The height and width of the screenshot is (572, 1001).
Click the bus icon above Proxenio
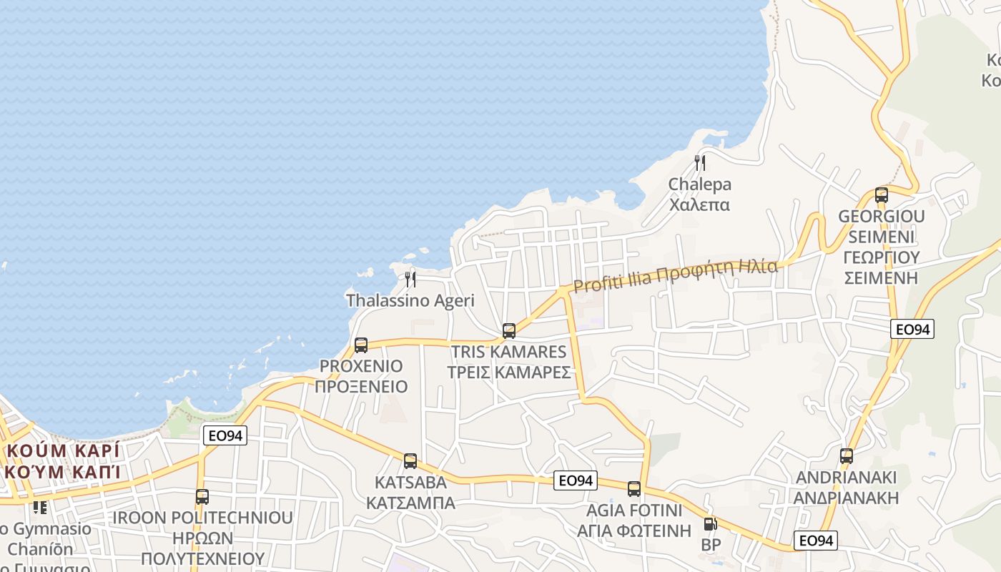coord(361,345)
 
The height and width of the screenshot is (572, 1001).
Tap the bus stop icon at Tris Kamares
coord(509,331)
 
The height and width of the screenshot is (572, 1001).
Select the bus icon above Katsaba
coord(410,461)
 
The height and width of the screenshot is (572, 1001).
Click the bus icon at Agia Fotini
coord(634,489)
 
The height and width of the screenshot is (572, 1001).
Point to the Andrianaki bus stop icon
coord(847,456)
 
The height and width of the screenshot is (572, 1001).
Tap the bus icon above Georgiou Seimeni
coord(882,195)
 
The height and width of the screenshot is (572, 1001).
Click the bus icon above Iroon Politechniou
coord(202,497)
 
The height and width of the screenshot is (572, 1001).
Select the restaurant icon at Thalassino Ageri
coord(410,279)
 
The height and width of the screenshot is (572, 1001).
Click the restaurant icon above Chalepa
coord(700,163)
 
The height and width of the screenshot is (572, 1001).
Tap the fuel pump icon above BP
coord(710,524)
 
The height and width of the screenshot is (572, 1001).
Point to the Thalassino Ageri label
coord(410,300)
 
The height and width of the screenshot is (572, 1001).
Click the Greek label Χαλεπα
coord(699,205)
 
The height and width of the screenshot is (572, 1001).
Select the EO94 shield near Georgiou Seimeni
coord(912,329)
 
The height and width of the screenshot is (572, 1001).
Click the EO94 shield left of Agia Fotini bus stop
coord(576,480)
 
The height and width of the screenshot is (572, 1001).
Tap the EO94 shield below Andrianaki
coord(815,541)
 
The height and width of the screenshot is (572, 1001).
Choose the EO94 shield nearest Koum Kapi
coord(225,435)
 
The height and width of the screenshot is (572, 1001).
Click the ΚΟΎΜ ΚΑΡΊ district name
coord(63,451)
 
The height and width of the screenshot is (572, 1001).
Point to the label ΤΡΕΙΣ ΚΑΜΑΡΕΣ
coord(509,373)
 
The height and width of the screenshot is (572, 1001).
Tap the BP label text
coord(711,545)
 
